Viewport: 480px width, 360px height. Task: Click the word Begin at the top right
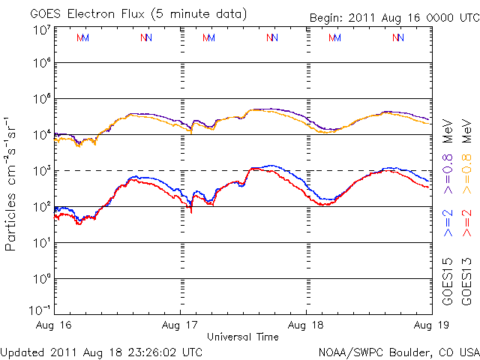coord(328,18)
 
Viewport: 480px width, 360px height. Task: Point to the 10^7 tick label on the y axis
coord(42,30)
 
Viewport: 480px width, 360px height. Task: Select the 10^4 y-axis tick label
coord(42,134)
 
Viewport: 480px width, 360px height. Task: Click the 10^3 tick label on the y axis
coord(42,170)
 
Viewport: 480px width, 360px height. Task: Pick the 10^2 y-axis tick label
coord(42,206)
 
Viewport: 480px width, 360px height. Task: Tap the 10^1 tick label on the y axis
coord(42,242)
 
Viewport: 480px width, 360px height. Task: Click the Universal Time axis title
coord(242,337)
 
